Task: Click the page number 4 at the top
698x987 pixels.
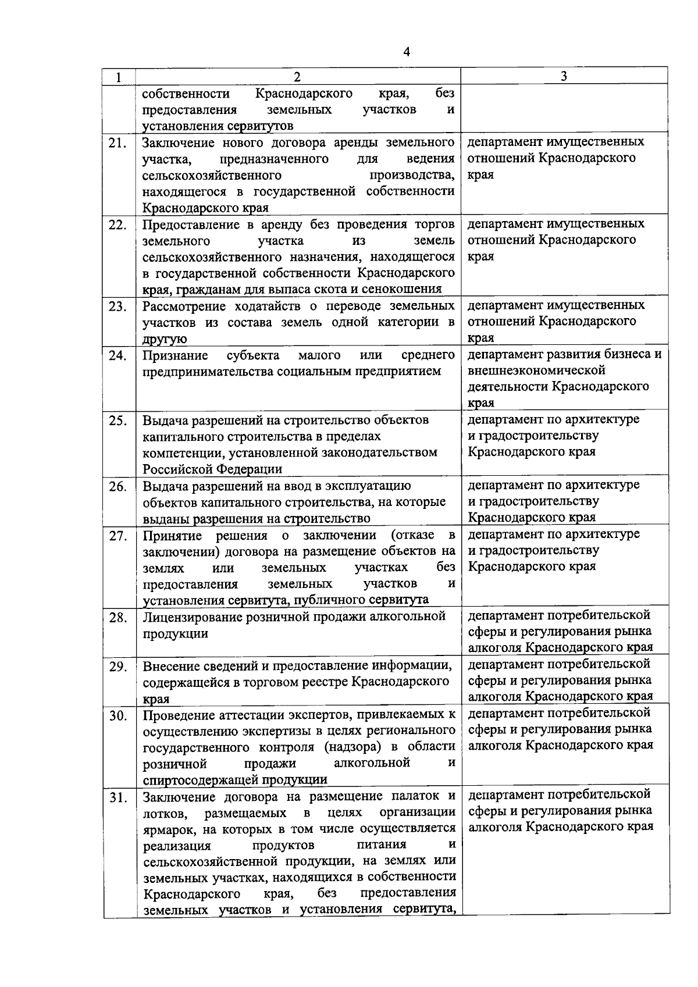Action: click(x=407, y=52)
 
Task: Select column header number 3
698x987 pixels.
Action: click(x=564, y=76)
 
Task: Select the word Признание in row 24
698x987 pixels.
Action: click(x=175, y=355)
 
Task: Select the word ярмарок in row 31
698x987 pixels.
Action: click(x=167, y=828)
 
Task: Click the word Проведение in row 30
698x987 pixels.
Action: click(x=178, y=714)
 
